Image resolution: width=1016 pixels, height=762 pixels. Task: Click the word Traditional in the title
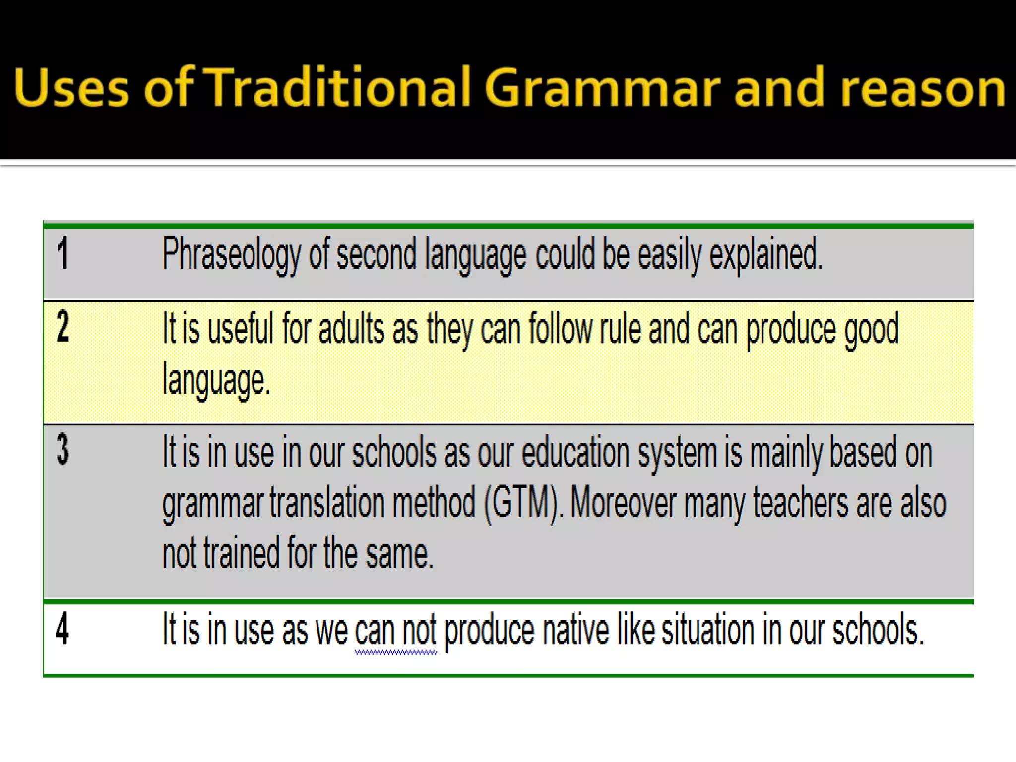pos(337,87)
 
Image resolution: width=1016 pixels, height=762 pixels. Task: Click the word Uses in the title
pos(71,87)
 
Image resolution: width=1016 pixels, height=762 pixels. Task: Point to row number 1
pos(63,254)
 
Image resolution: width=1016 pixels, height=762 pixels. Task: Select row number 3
pos(63,449)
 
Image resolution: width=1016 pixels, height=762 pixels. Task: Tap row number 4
pos(63,629)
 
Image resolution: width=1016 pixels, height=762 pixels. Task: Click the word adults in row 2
pos(351,328)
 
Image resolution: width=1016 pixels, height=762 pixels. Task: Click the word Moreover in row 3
pos(623,503)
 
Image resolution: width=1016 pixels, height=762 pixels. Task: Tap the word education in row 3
pos(575,452)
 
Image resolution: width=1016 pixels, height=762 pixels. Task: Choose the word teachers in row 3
pos(801,503)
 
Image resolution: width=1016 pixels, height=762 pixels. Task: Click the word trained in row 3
pos(242,553)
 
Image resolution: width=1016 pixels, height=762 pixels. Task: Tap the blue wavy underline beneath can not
pos(395,653)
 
